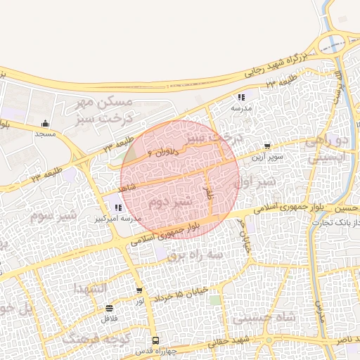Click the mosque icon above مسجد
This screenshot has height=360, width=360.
pyautogui.click(x=46, y=123)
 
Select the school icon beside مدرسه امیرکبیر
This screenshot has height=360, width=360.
pyautogui.click(x=117, y=207)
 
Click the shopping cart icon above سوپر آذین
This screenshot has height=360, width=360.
pyautogui.click(x=266, y=148)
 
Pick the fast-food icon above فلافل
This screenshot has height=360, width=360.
pyautogui.click(x=109, y=308)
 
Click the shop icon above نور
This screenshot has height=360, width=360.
pyautogui.click(x=139, y=290)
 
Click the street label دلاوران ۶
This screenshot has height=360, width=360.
pyautogui.click(x=167, y=148)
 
